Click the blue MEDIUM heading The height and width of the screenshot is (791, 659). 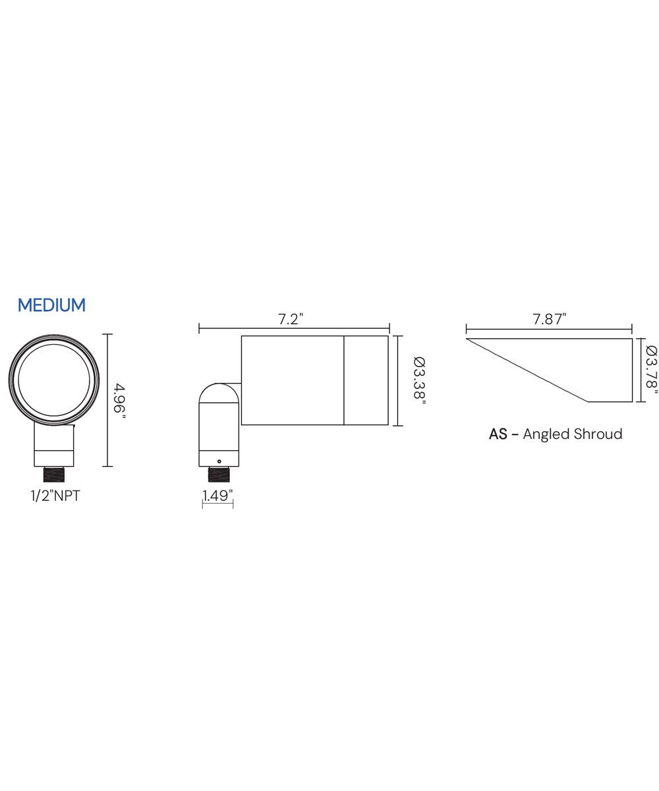coord(52,305)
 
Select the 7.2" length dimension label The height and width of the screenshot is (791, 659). coord(291,319)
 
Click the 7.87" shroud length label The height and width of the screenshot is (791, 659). coord(549,319)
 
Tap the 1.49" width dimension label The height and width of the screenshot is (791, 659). coord(217,496)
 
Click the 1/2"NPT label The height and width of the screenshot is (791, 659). coord(55,496)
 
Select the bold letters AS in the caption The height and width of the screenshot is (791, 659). coord(498,434)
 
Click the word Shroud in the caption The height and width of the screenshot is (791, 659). coord(598,434)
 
